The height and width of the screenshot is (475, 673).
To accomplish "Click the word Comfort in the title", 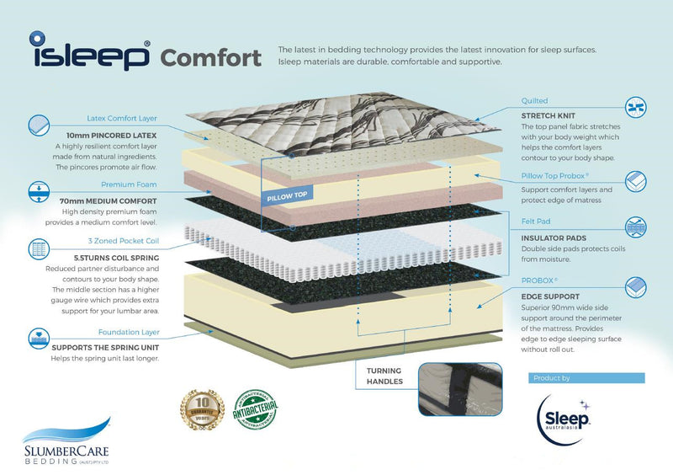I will [209, 58].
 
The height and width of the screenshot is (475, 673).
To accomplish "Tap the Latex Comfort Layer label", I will [122, 119].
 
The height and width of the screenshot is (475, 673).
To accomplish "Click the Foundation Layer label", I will [127, 332].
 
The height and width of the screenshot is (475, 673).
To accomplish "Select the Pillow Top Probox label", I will [559, 178].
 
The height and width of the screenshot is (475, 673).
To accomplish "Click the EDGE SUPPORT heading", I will [550, 296].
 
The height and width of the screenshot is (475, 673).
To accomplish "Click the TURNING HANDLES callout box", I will [384, 376].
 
